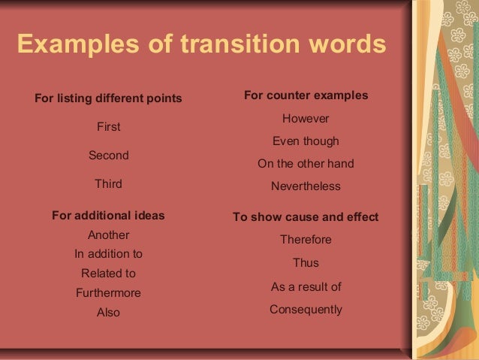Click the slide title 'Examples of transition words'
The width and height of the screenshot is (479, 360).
pyautogui.click(x=201, y=44)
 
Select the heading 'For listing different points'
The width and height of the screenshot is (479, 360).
pyautogui.click(x=109, y=98)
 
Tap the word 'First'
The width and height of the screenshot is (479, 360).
pyautogui.click(x=109, y=127)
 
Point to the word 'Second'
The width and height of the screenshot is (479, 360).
pyautogui.click(x=109, y=156)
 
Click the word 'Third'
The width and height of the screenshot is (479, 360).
pyautogui.click(x=109, y=183)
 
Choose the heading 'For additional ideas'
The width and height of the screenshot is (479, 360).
pyautogui.click(x=108, y=216)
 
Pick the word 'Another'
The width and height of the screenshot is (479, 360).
pyautogui.click(x=109, y=234)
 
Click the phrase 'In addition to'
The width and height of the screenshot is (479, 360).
pyautogui.click(x=108, y=254)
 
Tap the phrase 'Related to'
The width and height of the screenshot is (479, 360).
pyautogui.click(x=108, y=274)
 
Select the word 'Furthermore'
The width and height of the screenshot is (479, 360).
pyautogui.click(x=108, y=293)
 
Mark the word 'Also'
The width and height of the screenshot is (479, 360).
pyautogui.click(x=108, y=312)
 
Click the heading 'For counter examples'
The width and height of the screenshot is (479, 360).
pyautogui.click(x=306, y=95)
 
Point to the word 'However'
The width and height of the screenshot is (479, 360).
pyautogui.click(x=306, y=119)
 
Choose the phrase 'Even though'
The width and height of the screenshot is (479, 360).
pyautogui.click(x=306, y=141)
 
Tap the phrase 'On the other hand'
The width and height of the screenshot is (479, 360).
pyautogui.click(x=306, y=164)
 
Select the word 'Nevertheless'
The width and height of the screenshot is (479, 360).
pyautogui.click(x=306, y=186)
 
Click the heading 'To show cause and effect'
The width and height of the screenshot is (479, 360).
pyautogui.click(x=306, y=217)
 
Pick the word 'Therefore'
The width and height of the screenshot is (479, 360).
pyautogui.click(x=306, y=240)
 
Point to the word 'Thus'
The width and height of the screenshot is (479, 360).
pyautogui.click(x=306, y=263)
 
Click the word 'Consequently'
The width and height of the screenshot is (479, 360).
pyautogui.click(x=306, y=309)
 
